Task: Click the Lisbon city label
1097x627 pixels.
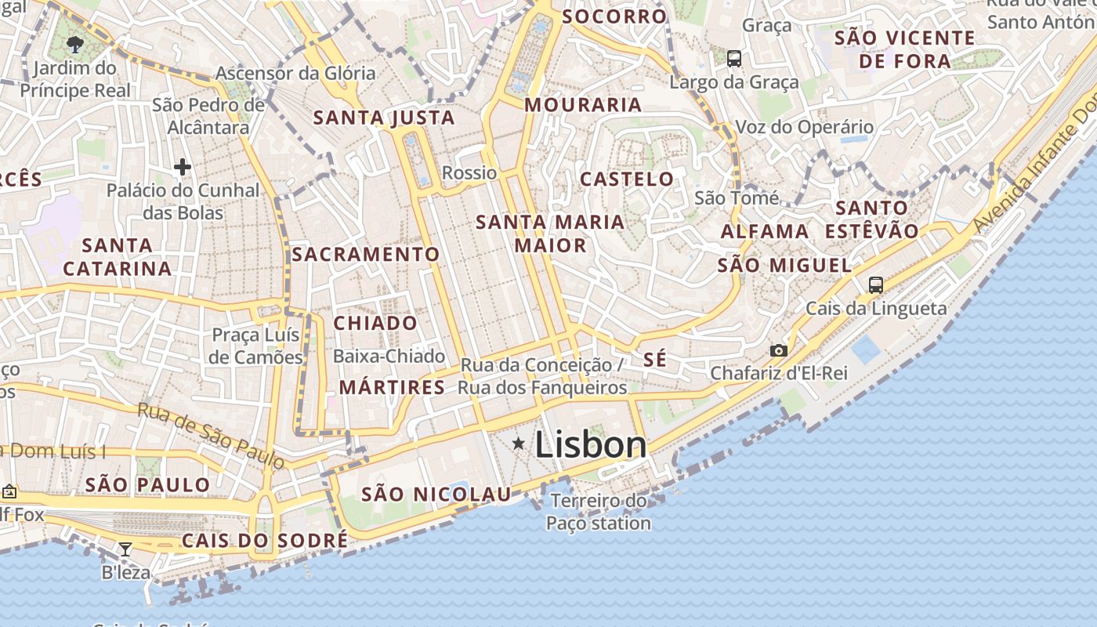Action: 591,444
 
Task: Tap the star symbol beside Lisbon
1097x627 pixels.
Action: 518,444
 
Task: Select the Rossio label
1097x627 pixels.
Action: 469,172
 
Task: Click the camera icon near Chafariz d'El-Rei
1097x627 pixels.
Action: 778,350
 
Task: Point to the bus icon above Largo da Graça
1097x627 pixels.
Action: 734,58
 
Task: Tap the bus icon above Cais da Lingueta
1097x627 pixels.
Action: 875,285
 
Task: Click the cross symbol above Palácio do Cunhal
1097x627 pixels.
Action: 183,166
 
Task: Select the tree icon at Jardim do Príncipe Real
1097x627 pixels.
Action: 75,44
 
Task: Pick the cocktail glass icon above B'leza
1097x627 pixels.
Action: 125,549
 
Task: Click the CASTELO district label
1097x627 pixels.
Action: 627,179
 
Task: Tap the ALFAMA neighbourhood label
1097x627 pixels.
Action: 765,231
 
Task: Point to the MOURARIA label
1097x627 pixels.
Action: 583,104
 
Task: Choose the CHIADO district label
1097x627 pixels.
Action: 375,323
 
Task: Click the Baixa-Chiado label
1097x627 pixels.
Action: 389,356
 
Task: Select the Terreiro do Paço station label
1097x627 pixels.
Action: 599,512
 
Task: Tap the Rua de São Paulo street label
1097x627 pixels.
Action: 212,436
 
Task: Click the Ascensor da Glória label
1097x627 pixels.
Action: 295,74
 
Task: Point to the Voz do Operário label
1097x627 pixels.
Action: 804,127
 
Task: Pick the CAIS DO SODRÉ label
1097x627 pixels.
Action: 265,540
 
